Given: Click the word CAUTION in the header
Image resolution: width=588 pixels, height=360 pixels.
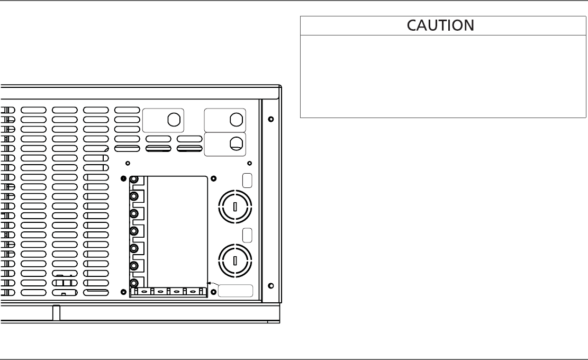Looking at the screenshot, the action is coord(441,25).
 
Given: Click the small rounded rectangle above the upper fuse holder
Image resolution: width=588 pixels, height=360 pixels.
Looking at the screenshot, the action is coord(247,180).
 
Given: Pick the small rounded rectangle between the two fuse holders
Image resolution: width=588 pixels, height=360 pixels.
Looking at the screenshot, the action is coord(247,234).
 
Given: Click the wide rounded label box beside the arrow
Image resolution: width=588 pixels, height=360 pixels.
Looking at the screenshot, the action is coord(235,291).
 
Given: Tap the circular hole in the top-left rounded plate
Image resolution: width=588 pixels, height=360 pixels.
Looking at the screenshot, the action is coord(173,120).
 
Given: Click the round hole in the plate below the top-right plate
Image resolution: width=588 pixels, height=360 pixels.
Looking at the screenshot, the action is coord(236,142).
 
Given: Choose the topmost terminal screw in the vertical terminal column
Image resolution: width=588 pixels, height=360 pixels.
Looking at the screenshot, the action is coord(134,180).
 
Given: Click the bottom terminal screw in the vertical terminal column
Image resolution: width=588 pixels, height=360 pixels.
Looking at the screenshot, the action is coord(134,282).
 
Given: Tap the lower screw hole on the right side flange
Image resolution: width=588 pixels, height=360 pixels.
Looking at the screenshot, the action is coord(270,286).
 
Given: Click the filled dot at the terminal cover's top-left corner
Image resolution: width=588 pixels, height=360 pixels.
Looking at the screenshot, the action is coord(123,178).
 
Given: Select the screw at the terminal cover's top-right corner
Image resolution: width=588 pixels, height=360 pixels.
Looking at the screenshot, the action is coord(213,178).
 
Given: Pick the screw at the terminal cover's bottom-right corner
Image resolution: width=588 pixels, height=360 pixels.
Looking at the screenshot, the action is coord(213,292).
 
